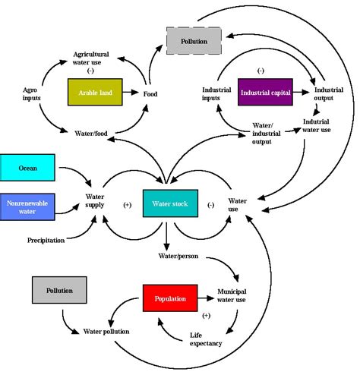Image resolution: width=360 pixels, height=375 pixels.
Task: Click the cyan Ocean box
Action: pyautogui.click(x=27, y=167)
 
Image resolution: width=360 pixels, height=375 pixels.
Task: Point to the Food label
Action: pyautogui.click(x=150, y=94)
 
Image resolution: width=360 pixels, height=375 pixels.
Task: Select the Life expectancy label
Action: pyautogui.click(x=206, y=339)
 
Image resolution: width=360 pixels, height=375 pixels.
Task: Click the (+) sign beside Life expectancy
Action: pyautogui.click(x=206, y=314)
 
